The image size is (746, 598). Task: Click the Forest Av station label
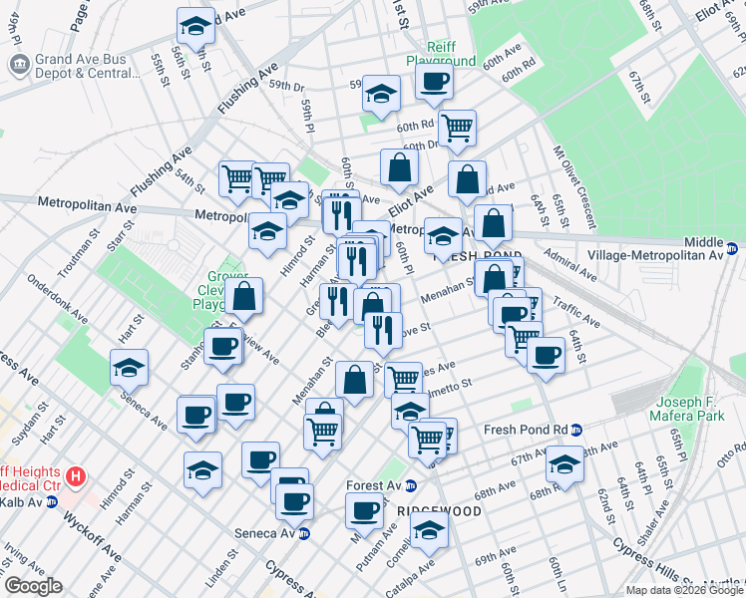[373, 485]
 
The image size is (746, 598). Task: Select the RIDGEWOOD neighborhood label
[439, 510]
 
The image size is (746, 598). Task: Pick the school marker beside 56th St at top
[195, 27]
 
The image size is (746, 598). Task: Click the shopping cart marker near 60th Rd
[457, 128]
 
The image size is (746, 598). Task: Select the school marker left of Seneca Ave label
[129, 368]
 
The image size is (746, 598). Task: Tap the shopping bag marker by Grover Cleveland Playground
[244, 295]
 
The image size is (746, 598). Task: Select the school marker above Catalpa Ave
[429, 531]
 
